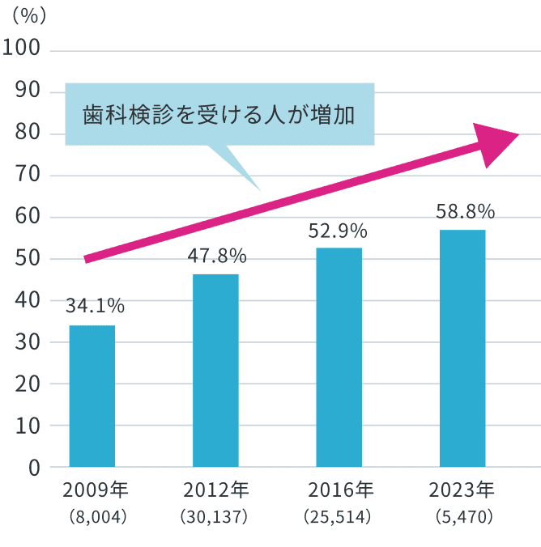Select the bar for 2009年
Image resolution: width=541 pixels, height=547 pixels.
(x=92, y=396)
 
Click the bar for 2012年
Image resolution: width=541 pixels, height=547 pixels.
(x=215, y=371)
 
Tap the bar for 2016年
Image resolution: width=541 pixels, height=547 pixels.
(x=339, y=357)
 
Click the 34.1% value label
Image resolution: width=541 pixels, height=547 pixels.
(x=96, y=306)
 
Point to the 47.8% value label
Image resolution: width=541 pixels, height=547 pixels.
(x=217, y=256)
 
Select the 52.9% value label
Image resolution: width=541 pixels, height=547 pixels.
(x=339, y=231)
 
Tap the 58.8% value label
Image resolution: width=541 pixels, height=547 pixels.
(x=465, y=212)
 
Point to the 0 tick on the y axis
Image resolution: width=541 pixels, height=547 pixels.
(x=33, y=468)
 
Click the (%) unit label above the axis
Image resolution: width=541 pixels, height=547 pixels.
(x=30, y=15)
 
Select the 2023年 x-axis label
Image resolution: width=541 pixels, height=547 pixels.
(x=462, y=490)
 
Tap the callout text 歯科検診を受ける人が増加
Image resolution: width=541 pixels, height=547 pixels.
(x=219, y=114)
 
